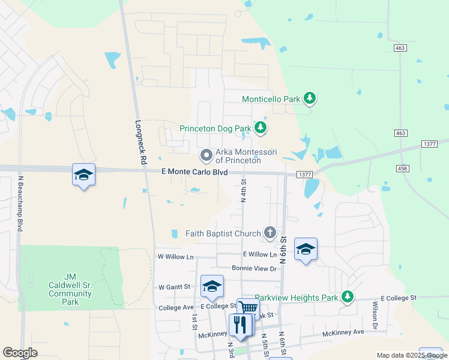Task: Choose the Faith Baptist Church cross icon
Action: pos(270,233)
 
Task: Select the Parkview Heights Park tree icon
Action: pos(347,297)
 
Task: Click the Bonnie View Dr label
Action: pos(254,268)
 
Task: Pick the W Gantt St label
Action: pos(174,287)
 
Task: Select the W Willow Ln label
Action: pos(176,256)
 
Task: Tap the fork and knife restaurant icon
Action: pos(240,325)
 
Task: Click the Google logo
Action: pos(20,353)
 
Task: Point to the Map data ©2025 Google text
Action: pos(412,355)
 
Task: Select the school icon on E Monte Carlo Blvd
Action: pos(83,174)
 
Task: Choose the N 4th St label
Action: pos(244,190)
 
